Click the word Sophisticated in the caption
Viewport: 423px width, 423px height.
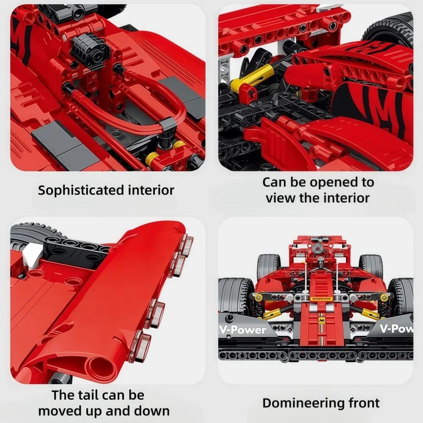(x=76, y=190)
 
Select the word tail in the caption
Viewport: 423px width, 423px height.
(x=88, y=396)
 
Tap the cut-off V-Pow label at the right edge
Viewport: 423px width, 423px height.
(x=396, y=328)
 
